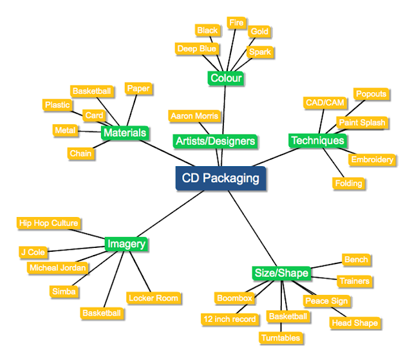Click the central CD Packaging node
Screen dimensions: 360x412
click(x=220, y=178)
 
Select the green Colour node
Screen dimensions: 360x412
click(x=226, y=79)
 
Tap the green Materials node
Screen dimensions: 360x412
click(x=125, y=133)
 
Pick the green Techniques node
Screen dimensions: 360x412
click(x=317, y=140)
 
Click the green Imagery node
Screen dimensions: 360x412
click(x=127, y=244)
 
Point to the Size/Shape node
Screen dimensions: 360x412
click(x=281, y=273)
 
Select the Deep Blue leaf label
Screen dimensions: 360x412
click(x=197, y=49)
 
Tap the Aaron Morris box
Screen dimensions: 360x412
click(x=194, y=117)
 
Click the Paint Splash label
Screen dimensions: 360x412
click(x=362, y=122)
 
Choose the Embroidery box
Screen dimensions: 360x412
click(x=372, y=160)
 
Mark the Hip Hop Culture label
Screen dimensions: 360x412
click(x=49, y=223)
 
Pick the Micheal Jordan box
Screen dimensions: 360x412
click(x=58, y=267)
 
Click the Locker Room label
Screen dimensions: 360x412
click(x=153, y=298)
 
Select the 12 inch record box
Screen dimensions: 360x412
click(x=229, y=319)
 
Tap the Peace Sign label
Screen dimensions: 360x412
click(x=326, y=301)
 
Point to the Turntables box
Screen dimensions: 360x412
click(x=281, y=337)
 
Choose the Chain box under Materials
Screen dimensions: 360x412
click(x=81, y=154)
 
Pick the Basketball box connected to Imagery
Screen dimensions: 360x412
click(x=102, y=313)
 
